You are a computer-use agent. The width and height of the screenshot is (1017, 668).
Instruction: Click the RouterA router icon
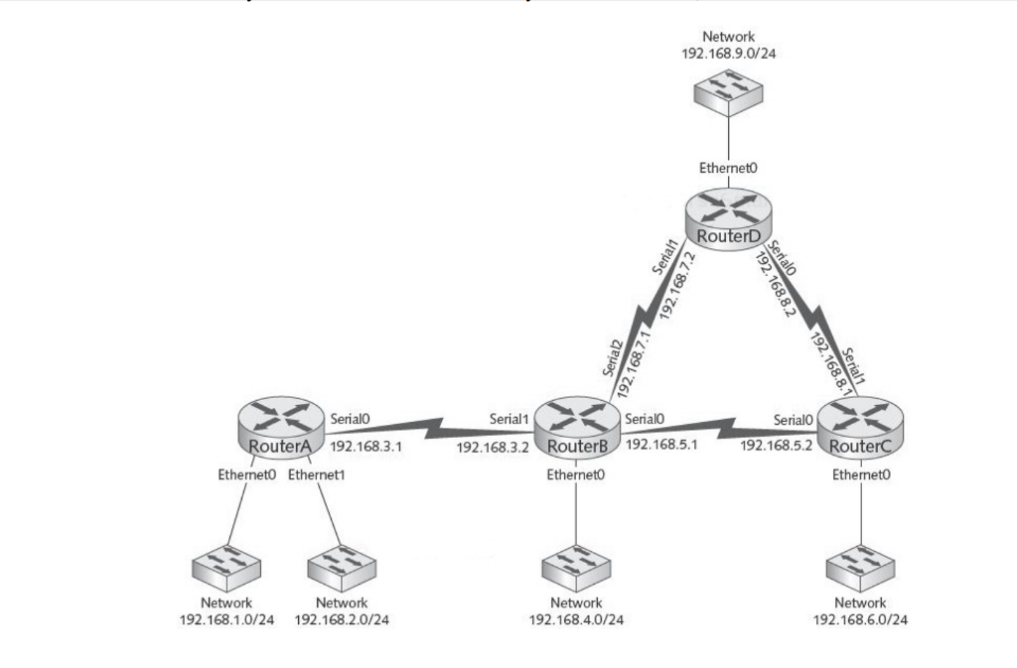[x=280, y=426]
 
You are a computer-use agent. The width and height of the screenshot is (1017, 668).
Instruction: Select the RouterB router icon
[x=577, y=427]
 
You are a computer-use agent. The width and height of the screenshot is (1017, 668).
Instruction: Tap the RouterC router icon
[x=860, y=427]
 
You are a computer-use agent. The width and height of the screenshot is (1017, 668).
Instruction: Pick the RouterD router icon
[x=728, y=217]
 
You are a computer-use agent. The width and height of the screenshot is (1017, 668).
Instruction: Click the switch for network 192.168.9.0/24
[x=728, y=92]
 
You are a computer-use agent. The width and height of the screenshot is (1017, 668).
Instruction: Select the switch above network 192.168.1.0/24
[x=226, y=569]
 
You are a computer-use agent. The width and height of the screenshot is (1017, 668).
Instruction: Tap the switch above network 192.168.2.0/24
[x=342, y=569]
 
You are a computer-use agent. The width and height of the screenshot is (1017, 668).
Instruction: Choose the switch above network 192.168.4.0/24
[x=576, y=569]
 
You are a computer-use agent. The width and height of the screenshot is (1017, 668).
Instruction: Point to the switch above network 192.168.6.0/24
[x=860, y=569]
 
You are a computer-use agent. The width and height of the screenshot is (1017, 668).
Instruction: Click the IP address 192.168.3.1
[x=365, y=447]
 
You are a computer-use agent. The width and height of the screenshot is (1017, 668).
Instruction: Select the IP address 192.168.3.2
[x=493, y=447]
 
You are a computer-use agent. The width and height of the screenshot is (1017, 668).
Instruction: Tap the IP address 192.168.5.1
[x=660, y=444]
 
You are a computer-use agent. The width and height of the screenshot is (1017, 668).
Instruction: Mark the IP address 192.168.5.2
[x=776, y=445]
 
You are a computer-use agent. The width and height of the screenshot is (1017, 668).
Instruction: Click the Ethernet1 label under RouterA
[x=317, y=474]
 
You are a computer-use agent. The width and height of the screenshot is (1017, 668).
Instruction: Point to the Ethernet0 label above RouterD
[x=728, y=168]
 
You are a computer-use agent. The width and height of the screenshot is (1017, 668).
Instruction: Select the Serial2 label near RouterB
[x=612, y=358]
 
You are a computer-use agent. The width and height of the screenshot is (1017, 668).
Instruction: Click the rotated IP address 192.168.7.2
[x=677, y=285]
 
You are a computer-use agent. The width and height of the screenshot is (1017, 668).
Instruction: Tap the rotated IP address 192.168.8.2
[x=775, y=285]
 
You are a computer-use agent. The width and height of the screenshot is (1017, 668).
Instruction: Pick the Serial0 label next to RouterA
[x=350, y=419]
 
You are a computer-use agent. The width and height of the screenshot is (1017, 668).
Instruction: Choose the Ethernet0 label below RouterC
[x=861, y=474]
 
